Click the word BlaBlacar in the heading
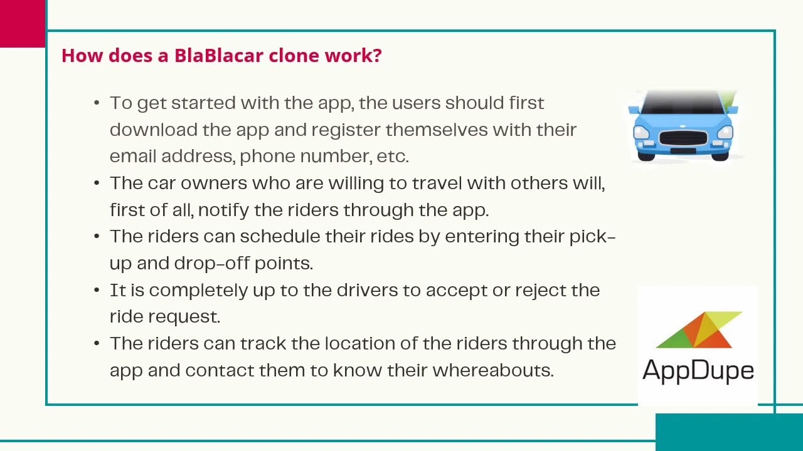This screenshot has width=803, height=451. (x=218, y=55)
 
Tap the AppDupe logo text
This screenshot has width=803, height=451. (x=698, y=370)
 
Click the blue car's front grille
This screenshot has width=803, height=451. (x=683, y=138)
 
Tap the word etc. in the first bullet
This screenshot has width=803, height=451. (x=393, y=156)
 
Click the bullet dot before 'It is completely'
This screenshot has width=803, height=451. (x=97, y=291)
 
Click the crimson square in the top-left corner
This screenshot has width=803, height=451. (x=23, y=23)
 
